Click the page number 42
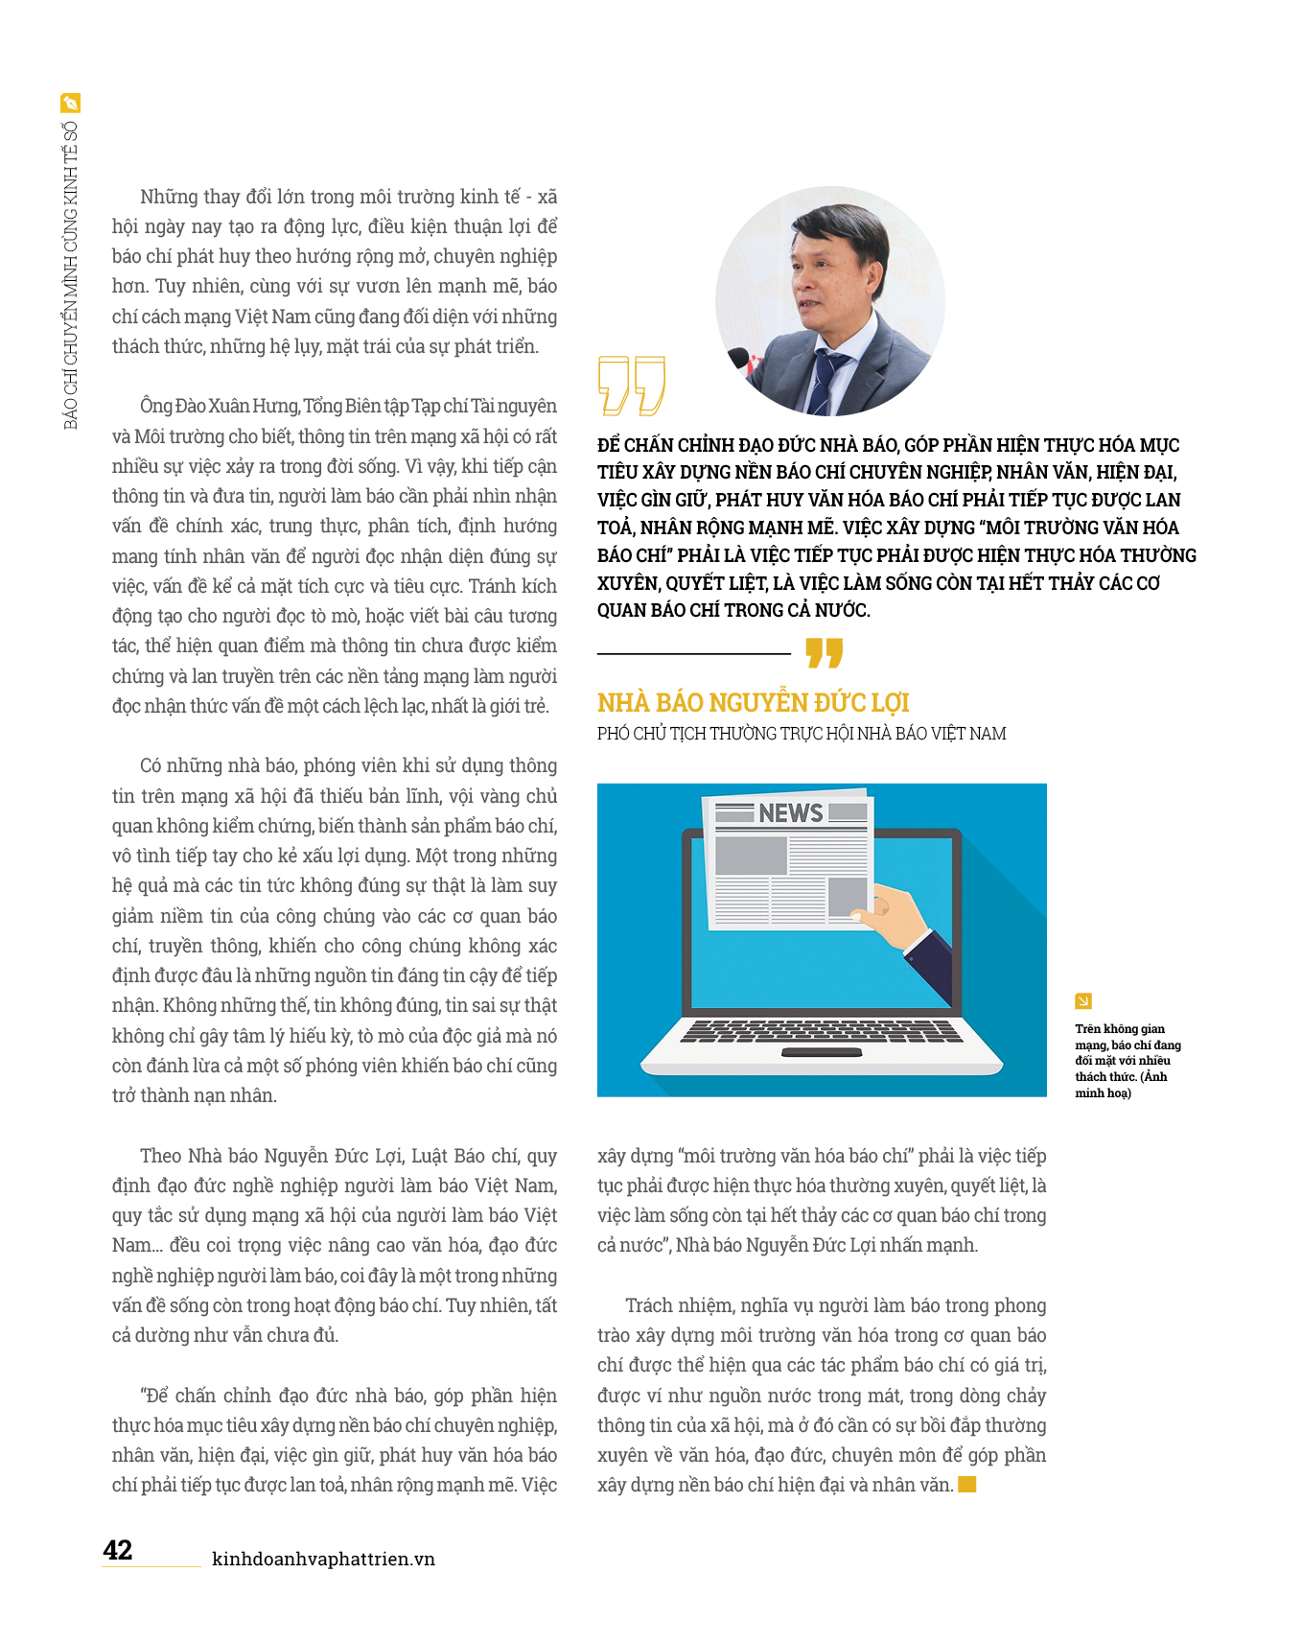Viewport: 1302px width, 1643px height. (118, 1550)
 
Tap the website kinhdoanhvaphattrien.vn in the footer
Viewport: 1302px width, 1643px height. (323, 1559)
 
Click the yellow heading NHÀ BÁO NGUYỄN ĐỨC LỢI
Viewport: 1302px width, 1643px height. (753, 703)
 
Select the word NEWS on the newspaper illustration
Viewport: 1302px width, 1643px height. (790, 813)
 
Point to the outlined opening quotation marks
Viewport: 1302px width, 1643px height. (631, 386)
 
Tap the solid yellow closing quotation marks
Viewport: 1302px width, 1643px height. (824, 653)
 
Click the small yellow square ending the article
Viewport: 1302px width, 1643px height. (967, 1485)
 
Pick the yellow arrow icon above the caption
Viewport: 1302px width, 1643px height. (1083, 1001)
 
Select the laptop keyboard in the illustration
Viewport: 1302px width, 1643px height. (821, 1031)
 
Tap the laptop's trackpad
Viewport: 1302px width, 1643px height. (821, 1053)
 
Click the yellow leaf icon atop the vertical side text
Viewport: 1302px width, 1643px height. (70, 103)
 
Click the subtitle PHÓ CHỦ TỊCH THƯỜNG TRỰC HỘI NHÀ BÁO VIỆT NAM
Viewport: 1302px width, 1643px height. (802, 734)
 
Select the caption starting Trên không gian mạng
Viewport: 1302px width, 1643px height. (1127, 1061)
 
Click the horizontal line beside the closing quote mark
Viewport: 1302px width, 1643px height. (693, 654)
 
